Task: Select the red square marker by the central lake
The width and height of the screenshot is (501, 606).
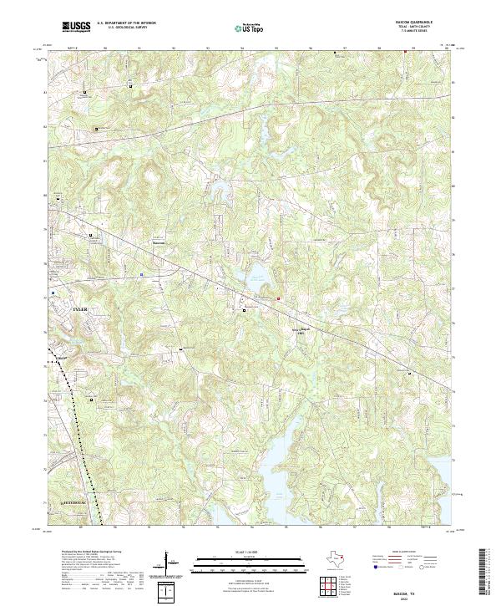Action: [x=280, y=298]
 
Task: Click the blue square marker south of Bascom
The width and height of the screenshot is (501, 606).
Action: [x=142, y=272]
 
